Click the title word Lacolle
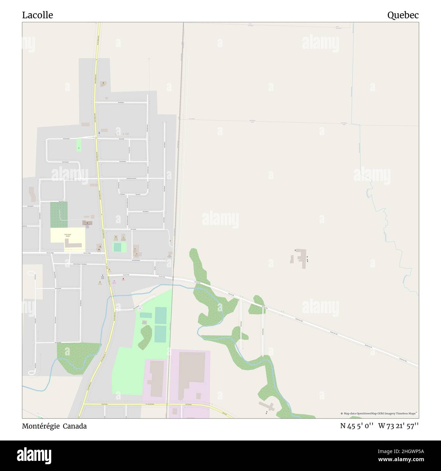38,15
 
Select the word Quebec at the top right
403,15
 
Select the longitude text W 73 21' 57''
399,426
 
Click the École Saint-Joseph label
69,234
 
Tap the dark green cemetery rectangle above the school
59,214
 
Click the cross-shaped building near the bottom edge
267,406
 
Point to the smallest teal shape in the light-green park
117,247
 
